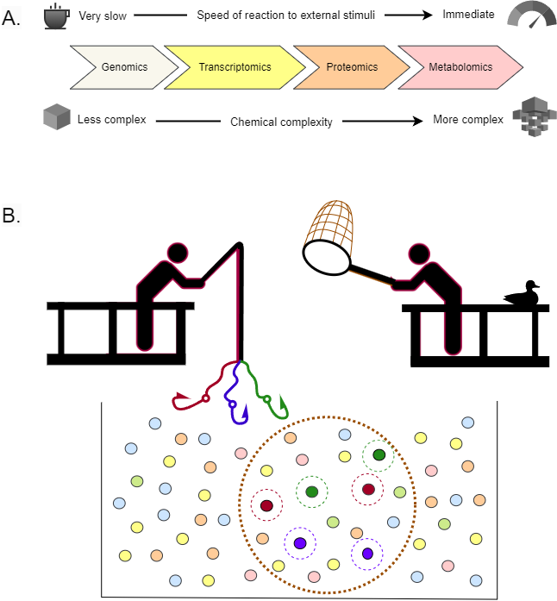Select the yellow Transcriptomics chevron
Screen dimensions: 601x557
pos(235,66)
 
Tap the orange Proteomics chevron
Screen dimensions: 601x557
pos(350,66)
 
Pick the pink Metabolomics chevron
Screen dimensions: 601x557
pos(459,66)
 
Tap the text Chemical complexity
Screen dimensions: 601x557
pos(281,122)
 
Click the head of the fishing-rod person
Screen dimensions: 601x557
pos(176,251)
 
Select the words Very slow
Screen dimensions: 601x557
pos(101,16)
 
